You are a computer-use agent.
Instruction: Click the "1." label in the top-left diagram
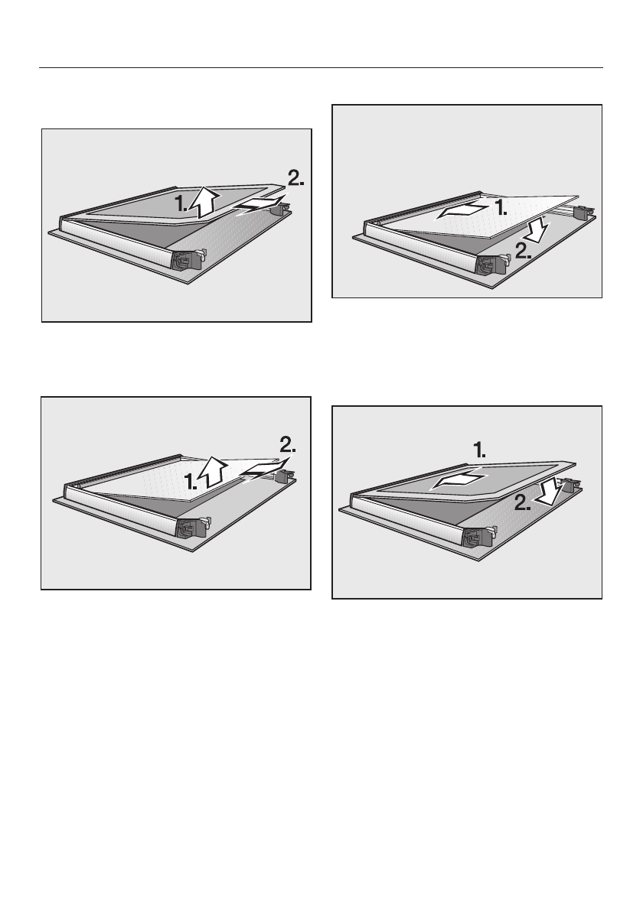(x=181, y=203)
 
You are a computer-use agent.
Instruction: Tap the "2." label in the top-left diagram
(x=295, y=178)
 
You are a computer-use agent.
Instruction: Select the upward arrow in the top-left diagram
(x=206, y=201)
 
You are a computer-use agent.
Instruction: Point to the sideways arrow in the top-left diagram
(x=258, y=206)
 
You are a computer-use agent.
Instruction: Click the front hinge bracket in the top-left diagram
(x=187, y=259)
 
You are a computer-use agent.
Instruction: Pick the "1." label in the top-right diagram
(x=501, y=208)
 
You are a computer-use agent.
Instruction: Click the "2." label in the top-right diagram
(x=524, y=251)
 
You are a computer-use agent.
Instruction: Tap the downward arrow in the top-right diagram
(x=537, y=230)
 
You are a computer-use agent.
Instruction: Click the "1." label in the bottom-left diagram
(x=191, y=481)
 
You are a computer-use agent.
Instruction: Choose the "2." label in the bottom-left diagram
(x=288, y=445)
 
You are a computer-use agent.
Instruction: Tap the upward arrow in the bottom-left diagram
(x=211, y=471)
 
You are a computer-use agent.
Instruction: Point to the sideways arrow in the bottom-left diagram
(x=264, y=470)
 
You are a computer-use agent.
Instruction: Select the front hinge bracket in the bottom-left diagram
(x=192, y=528)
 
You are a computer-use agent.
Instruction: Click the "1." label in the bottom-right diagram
(x=480, y=450)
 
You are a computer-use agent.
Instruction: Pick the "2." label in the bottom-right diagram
(x=523, y=502)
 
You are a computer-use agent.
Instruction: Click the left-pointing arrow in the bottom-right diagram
(x=458, y=481)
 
